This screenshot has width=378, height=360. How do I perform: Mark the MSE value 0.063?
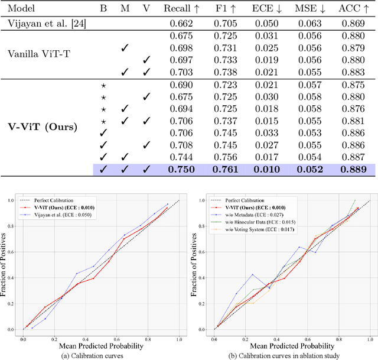click(x=310, y=24)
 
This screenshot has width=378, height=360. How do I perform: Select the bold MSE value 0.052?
click(x=309, y=170)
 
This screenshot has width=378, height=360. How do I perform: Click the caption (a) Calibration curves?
click(x=104, y=355)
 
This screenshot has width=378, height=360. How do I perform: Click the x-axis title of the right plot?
click(x=289, y=346)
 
